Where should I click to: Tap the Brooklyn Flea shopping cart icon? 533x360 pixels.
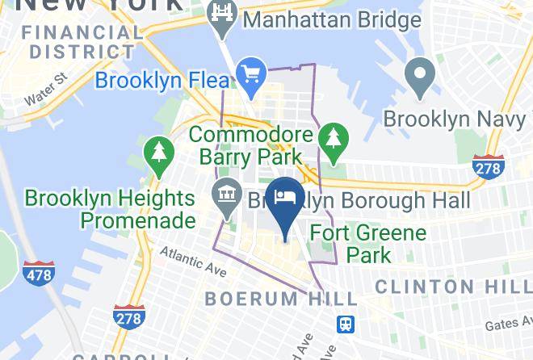(x=252, y=73)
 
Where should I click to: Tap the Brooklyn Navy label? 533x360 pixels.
(x=456, y=119)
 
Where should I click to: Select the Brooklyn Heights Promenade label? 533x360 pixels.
(x=110, y=208)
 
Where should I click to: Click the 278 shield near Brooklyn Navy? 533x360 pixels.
(x=487, y=167)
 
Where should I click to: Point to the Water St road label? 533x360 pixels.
(x=44, y=92)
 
